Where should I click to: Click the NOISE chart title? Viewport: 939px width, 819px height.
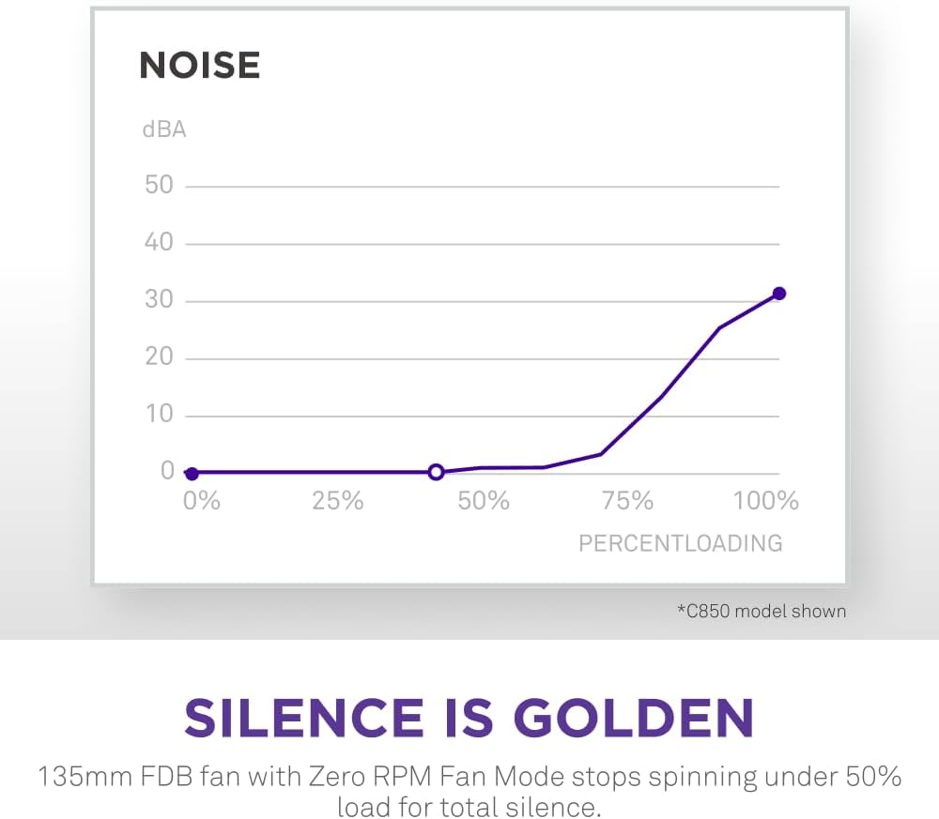(199, 66)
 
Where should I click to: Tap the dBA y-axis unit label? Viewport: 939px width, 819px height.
(163, 129)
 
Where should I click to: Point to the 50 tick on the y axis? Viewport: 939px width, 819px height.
(159, 185)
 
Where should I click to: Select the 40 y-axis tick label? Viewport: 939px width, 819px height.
(159, 242)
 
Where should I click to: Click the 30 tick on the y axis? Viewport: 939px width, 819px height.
(159, 300)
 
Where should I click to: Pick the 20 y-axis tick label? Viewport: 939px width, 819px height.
(159, 357)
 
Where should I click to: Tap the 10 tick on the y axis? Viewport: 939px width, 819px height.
(159, 415)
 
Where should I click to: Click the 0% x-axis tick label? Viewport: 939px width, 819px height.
(201, 501)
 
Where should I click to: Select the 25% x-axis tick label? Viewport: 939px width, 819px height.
(337, 501)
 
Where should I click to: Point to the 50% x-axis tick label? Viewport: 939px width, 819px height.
(484, 501)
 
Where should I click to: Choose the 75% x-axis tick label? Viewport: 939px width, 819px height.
(627, 501)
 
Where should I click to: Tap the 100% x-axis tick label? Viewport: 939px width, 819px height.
(765, 501)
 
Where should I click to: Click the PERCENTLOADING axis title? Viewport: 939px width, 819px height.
(680, 543)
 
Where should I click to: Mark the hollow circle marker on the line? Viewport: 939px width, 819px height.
(436, 472)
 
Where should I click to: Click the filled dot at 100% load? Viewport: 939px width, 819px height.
(778, 294)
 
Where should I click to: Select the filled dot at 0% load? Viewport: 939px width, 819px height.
(192, 474)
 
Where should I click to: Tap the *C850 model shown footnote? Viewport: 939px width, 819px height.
(762, 612)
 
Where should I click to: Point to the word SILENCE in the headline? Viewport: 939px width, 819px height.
(303, 718)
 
